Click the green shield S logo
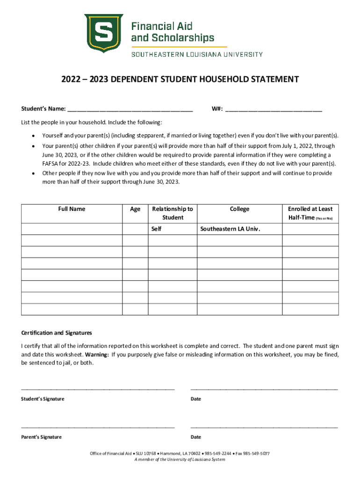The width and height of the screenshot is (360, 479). coord(103,33)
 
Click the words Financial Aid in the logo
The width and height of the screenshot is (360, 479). coord(162,26)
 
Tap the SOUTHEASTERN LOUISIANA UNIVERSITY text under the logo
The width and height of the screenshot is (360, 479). coord(197,54)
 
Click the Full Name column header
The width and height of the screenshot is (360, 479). coord(72,209)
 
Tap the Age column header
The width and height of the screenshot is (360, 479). coord(135,209)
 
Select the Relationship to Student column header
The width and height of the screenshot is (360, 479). coord(173,213)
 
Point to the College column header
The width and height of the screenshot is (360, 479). coord(239,209)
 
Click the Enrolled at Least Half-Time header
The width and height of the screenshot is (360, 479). coord(310,213)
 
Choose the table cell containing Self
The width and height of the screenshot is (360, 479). coord(173,229)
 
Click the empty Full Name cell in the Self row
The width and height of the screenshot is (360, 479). coord(72,229)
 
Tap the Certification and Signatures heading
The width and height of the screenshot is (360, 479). coord(57,333)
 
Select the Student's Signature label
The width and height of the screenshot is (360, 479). coord(43,399)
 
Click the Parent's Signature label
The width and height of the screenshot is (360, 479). coord(41,437)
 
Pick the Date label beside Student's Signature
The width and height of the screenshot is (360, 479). coord(196,399)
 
